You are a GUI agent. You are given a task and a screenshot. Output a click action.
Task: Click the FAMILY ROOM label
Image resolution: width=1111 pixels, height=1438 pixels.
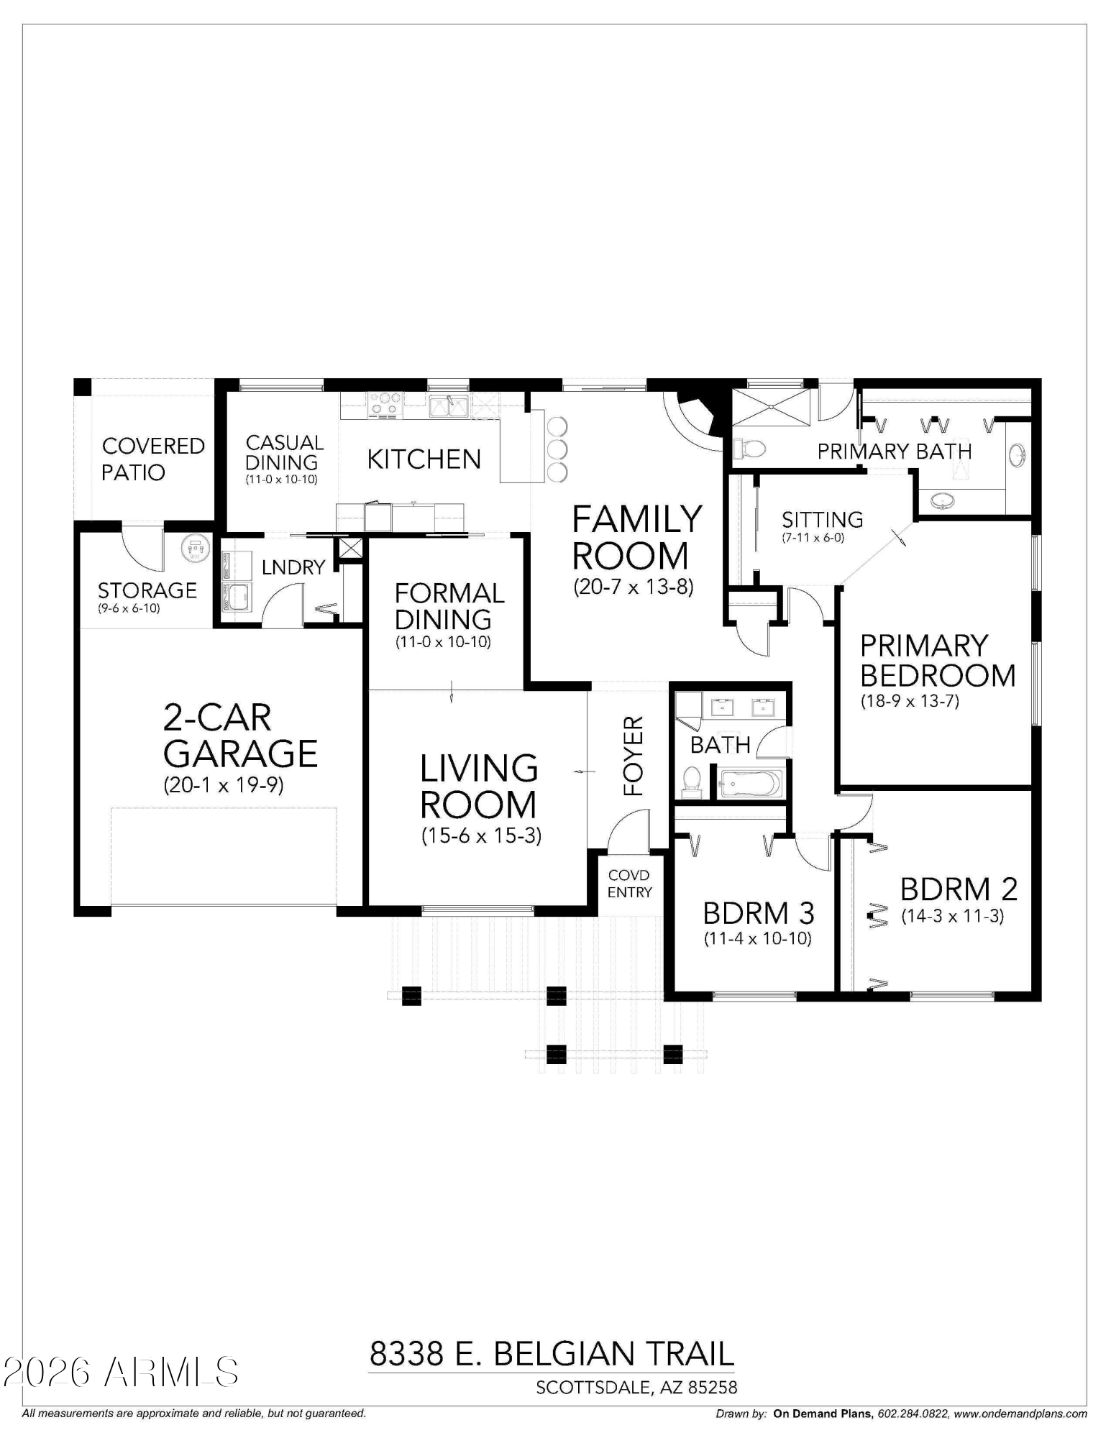coord(636,537)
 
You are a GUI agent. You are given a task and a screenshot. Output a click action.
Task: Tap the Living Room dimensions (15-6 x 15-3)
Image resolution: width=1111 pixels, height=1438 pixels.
coord(480,835)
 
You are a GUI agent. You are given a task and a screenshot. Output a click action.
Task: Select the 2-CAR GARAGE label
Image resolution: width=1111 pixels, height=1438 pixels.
coord(239,736)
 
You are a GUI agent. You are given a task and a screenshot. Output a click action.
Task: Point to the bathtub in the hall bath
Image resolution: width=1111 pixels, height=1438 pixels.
coord(750,782)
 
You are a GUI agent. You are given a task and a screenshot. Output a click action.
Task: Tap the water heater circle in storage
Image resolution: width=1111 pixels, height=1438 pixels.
coord(194,549)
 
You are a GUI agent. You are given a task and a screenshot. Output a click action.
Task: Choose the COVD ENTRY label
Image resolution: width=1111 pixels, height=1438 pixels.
coord(629,884)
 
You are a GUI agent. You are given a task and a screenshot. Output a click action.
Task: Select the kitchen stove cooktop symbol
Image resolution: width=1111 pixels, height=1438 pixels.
coord(384,404)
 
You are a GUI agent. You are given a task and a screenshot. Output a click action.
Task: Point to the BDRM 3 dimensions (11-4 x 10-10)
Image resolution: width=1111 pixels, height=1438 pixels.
coord(757,938)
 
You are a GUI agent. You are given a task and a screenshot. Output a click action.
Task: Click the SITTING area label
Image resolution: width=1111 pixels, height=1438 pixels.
coord(822,519)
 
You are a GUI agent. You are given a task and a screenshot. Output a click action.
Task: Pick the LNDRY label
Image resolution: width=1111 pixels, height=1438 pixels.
coord(293,567)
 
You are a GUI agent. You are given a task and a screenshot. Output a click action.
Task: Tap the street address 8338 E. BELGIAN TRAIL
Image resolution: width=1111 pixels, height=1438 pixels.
coord(552,1354)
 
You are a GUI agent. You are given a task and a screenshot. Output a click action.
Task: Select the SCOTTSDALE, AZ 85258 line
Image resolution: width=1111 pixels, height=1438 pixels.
coord(636,1388)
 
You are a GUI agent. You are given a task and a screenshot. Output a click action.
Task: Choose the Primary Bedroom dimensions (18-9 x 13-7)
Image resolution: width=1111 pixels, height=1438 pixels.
coord(910,701)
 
